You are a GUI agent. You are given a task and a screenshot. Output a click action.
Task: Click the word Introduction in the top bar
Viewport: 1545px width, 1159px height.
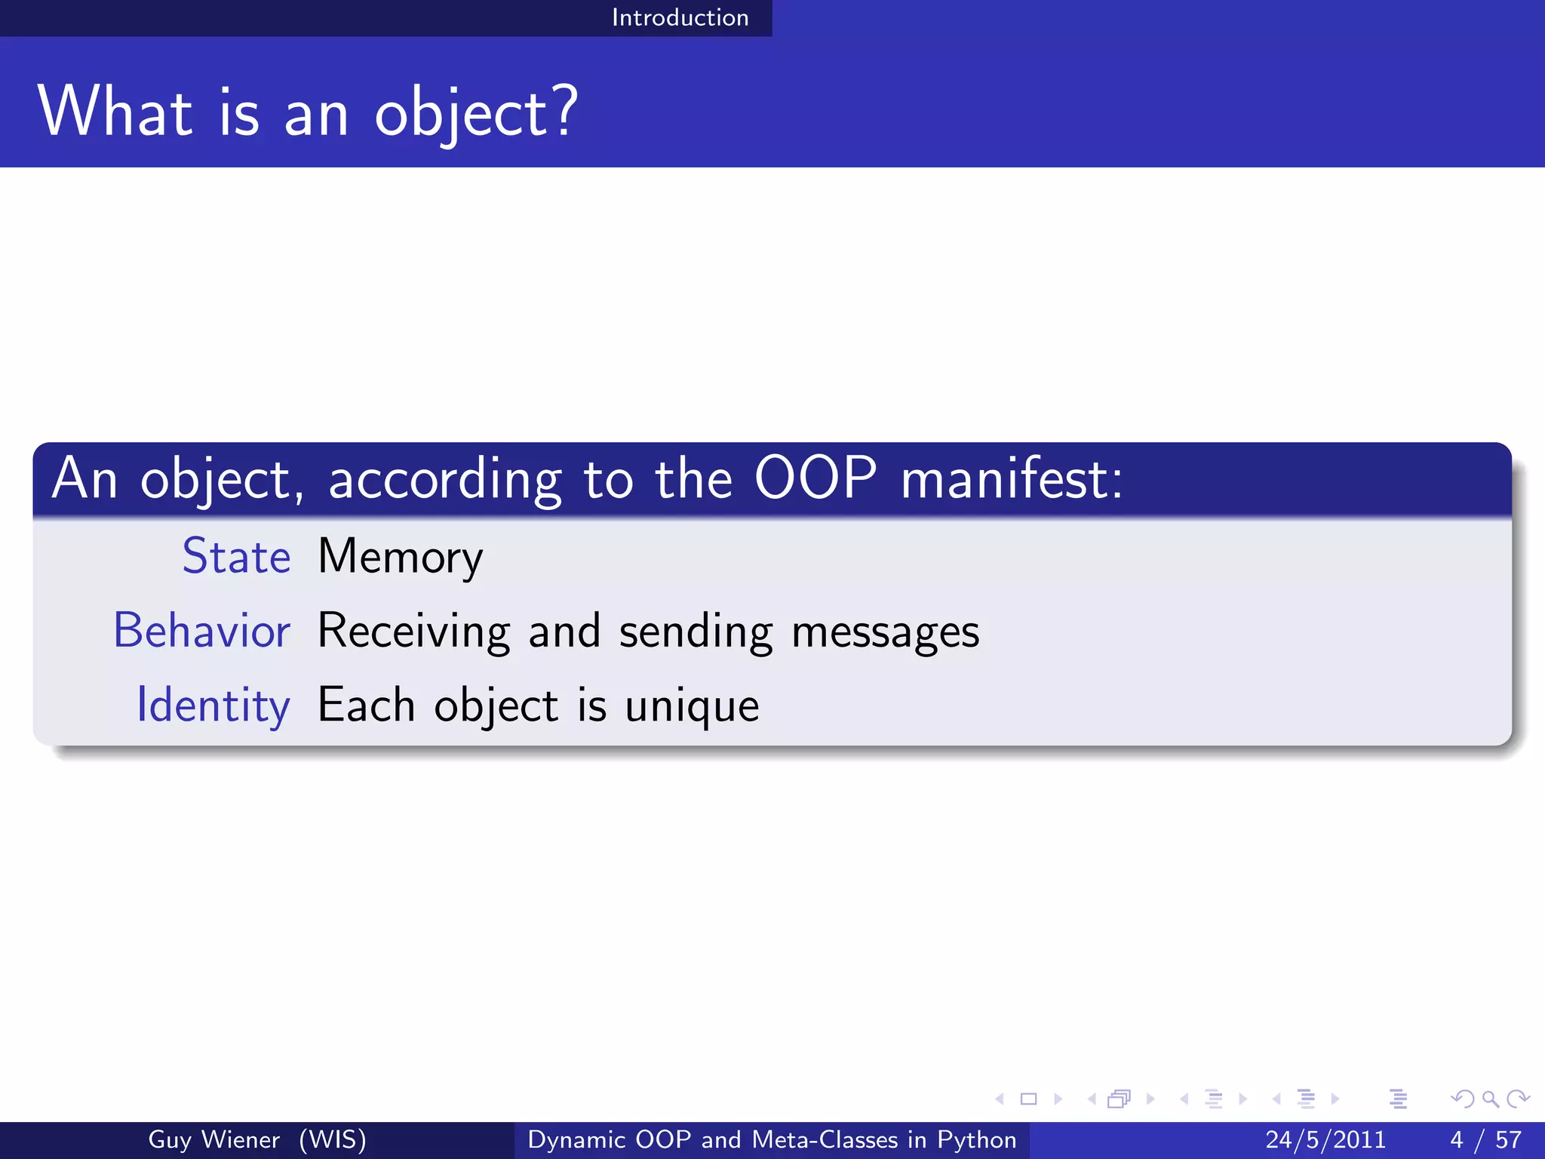pyautogui.click(x=680, y=17)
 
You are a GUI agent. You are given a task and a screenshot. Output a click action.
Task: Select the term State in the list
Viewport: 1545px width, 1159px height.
pyautogui.click(x=236, y=556)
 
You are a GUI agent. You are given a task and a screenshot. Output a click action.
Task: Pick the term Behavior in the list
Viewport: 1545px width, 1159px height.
pyautogui.click(x=201, y=631)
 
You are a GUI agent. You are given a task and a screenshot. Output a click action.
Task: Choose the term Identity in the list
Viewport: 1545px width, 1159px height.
pyautogui.click(x=213, y=706)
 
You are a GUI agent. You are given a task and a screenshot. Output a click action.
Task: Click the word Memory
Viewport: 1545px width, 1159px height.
pyautogui.click(x=400, y=558)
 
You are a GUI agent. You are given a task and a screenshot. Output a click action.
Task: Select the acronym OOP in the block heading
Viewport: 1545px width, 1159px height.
pyautogui.click(x=815, y=478)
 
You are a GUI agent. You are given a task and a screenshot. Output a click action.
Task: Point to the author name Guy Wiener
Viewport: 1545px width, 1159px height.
pyautogui.click(x=213, y=1139)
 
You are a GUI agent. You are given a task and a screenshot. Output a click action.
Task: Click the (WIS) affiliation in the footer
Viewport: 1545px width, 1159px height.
pyautogui.click(x=333, y=1139)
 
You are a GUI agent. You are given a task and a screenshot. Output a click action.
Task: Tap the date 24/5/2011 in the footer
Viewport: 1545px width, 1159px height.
pyautogui.click(x=1325, y=1139)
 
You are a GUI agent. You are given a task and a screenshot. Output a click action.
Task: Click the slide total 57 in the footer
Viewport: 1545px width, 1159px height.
pyautogui.click(x=1508, y=1139)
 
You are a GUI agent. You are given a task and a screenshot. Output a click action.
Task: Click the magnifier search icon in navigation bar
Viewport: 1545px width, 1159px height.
pyautogui.click(x=1490, y=1099)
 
